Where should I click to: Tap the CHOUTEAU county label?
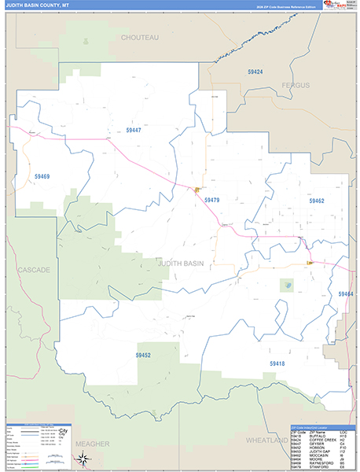point(140,37)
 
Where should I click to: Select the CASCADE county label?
point(34,270)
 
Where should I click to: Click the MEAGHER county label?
point(94,444)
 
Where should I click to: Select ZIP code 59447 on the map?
point(134,131)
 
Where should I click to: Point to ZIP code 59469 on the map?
point(41,177)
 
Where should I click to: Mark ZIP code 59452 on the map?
point(143,356)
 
